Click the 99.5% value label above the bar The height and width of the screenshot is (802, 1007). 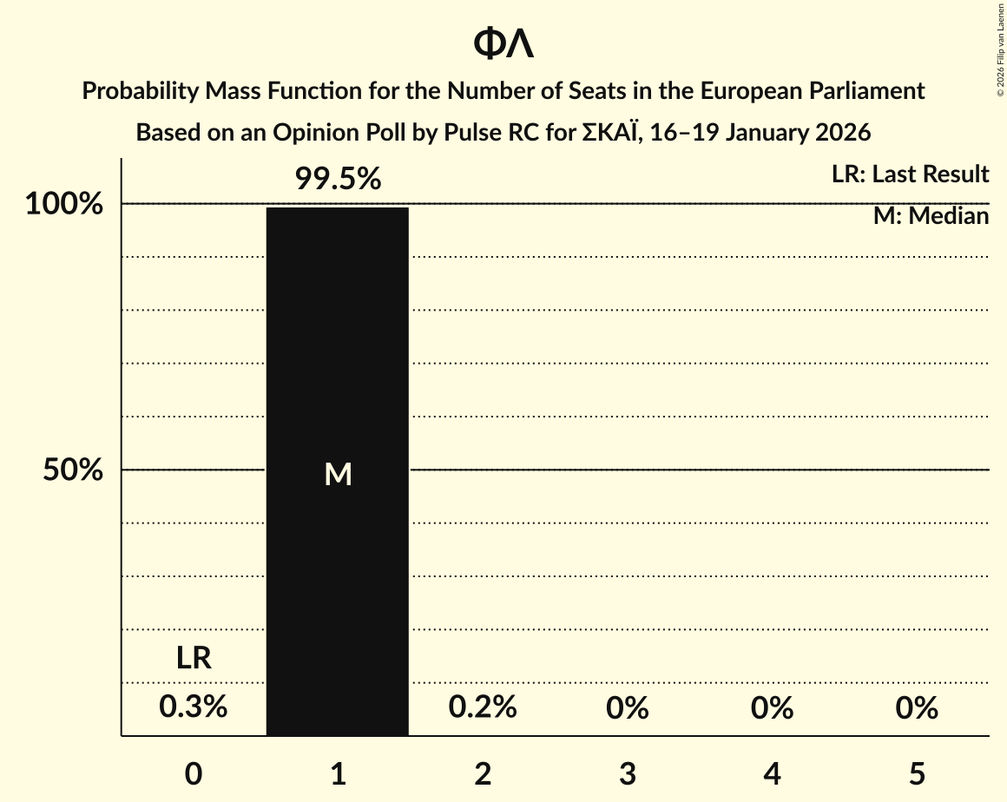tap(338, 179)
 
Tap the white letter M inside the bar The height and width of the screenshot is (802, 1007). tap(338, 474)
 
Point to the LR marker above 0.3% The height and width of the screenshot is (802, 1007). tap(194, 659)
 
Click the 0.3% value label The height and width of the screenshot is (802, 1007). tap(194, 707)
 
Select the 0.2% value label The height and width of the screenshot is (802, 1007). tap(483, 707)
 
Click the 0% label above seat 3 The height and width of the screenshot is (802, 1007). tap(628, 708)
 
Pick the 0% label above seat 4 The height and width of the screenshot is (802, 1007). tap(773, 708)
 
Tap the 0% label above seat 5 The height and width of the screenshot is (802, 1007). tap(917, 708)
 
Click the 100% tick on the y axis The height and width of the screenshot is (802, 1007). tap(64, 205)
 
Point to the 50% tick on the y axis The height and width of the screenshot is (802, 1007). tap(74, 470)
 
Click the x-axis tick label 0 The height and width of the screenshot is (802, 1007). tap(194, 773)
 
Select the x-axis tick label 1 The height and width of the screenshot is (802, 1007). tap(338, 773)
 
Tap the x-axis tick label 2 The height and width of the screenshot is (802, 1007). tap(483, 773)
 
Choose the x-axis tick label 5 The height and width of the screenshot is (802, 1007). tap(917, 773)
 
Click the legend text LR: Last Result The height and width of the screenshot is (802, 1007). tap(910, 174)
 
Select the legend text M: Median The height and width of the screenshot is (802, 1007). tap(931, 216)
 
